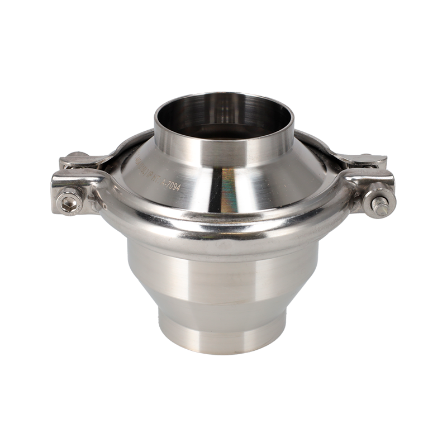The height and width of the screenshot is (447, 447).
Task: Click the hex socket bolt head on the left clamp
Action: click(70, 205)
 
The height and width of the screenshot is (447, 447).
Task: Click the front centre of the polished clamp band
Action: click(223, 230)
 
